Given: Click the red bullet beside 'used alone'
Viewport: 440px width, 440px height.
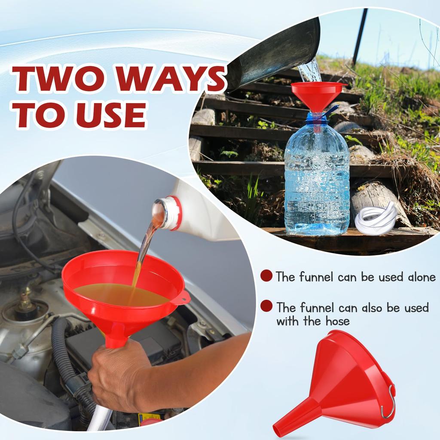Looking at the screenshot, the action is tap(266, 276).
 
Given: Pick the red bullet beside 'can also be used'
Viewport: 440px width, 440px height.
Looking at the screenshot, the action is tap(266, 306).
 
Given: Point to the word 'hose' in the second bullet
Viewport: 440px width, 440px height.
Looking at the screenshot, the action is tap(338, 321).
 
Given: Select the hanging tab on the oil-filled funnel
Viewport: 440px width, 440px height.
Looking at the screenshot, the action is tap(184, 296).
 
